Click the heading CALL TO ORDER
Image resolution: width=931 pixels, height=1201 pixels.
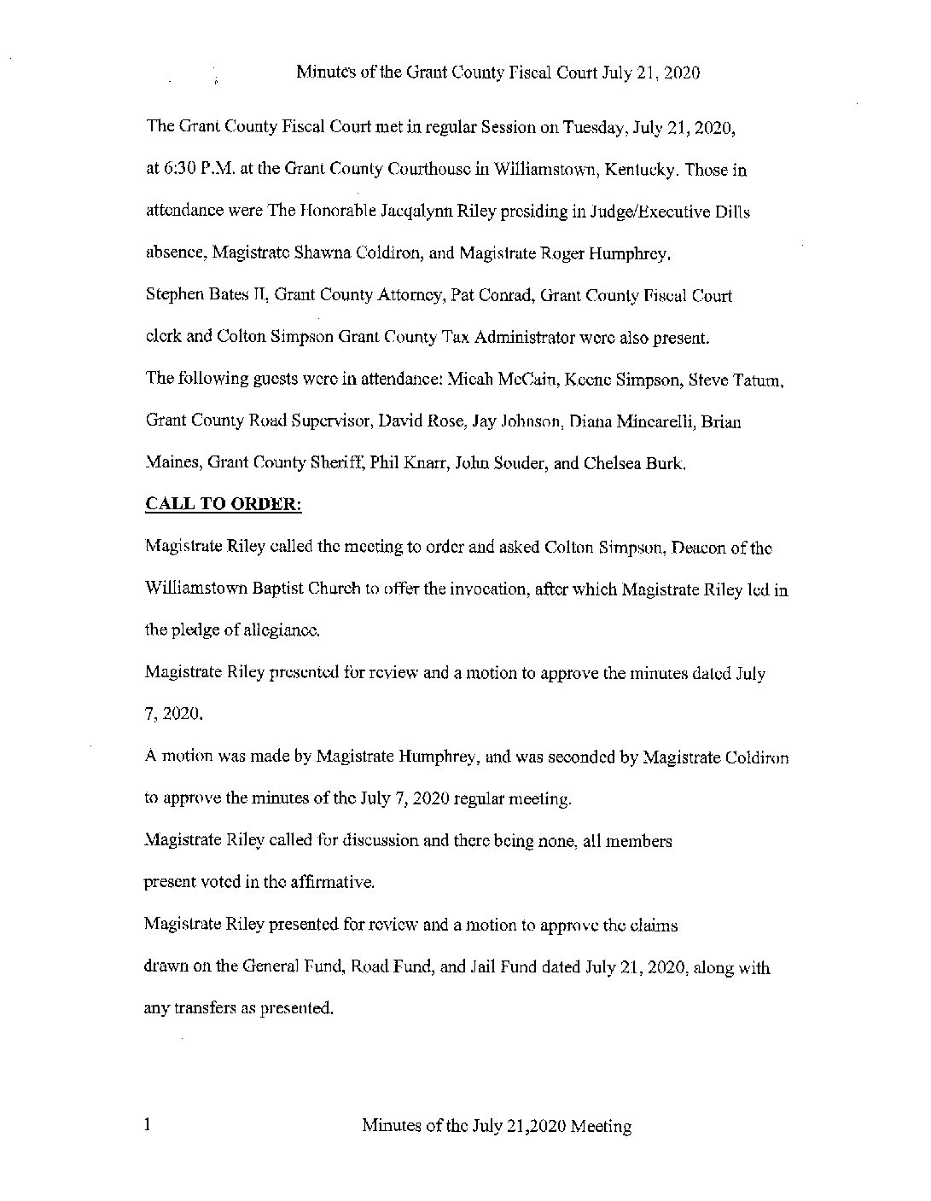(224, 504)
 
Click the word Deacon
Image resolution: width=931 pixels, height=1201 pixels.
(700, 548)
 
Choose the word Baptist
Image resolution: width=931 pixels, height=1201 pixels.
(295, 589)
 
